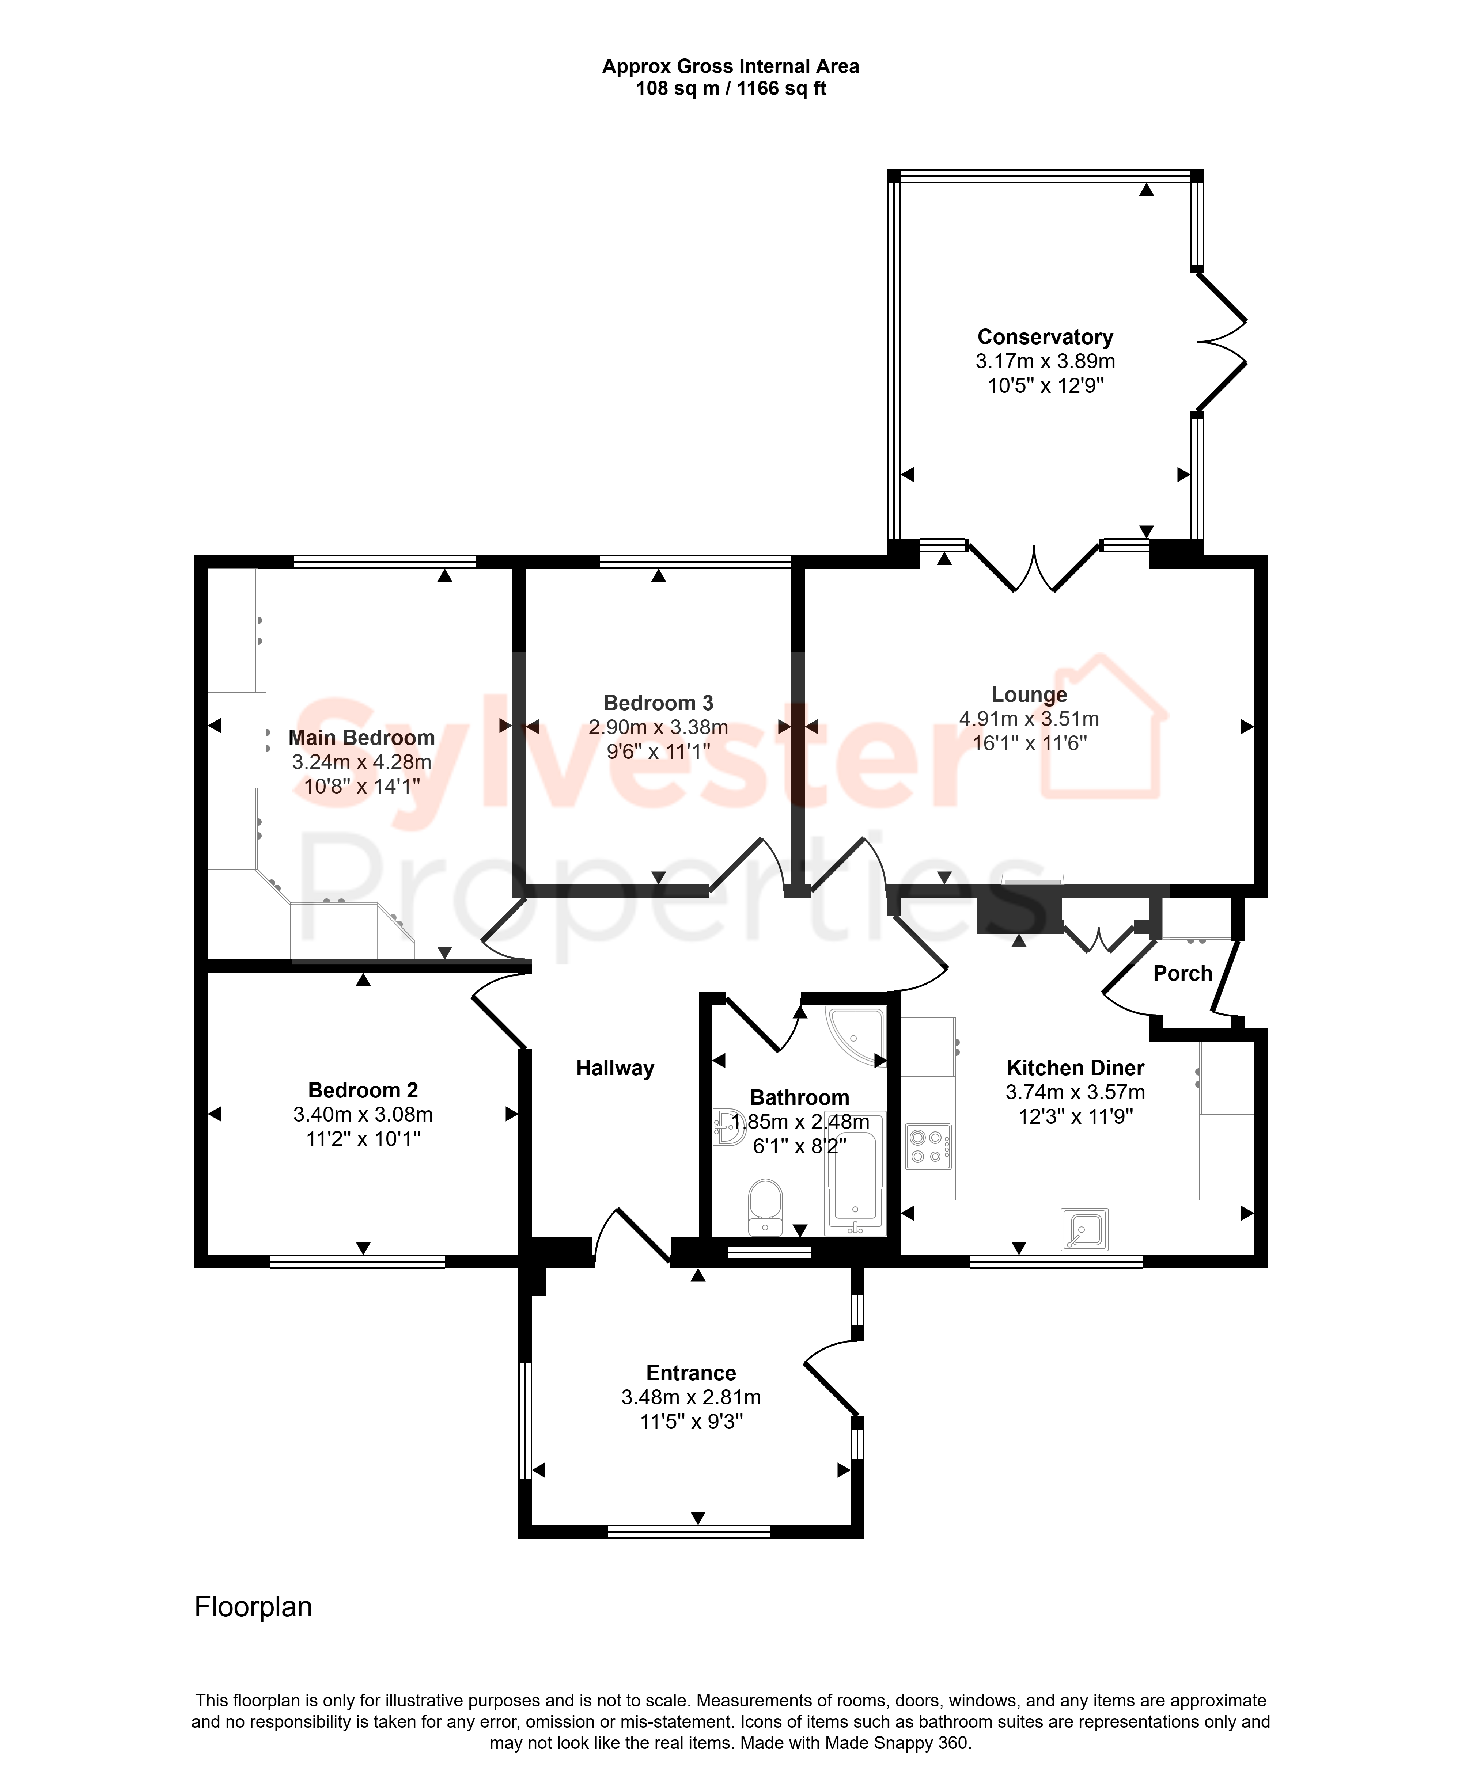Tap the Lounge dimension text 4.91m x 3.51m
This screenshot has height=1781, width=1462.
coord(1029,719)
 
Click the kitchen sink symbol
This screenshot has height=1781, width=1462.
coord(1085,1230)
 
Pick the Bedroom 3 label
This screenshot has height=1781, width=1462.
coord(659,703)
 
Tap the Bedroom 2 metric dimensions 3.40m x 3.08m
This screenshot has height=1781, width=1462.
coord(363,1114)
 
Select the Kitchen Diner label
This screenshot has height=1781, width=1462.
coord(1075,1068)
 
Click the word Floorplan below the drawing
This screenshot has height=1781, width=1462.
coord(254,1607)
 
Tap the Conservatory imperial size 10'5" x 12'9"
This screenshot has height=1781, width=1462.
coord(1045,385)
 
